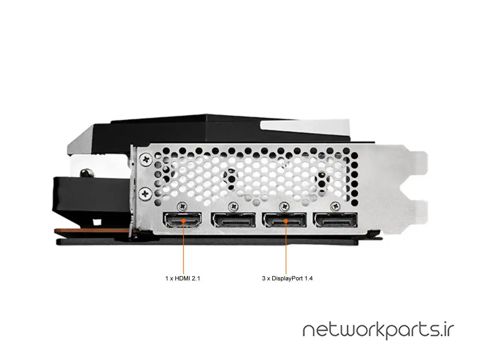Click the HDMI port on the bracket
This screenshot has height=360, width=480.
pos(182,220)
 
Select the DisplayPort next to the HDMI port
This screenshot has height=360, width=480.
pos(233,220)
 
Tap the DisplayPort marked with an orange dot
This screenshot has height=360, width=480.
pos(284,220)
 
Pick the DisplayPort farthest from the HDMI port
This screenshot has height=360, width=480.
pos(335,220)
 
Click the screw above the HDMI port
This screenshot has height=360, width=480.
pos(182,206)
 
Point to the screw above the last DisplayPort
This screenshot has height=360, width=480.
pos(335,206)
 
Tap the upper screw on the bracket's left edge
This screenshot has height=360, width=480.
pos(145,159)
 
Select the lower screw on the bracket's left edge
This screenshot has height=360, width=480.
pos(145,193)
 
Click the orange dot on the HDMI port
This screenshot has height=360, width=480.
pos(183,221)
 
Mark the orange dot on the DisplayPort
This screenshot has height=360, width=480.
pos(286,221)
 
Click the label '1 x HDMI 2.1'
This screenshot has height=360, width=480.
pos(182,279)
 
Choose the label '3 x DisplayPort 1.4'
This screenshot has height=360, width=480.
pos(287,279)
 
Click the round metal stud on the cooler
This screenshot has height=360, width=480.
pos(87,173)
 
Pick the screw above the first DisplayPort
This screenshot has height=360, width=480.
pos(234,206)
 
